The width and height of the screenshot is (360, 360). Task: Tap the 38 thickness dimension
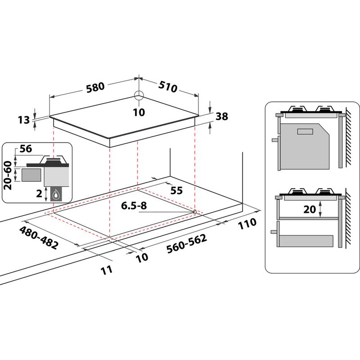tap(222, 117)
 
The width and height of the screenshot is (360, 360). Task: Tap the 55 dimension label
tap(176, 190)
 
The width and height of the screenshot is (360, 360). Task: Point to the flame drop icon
tap(57, 194)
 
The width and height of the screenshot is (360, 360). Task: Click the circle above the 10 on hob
tap(139, 95)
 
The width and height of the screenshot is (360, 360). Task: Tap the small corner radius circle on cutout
tap(194, 211)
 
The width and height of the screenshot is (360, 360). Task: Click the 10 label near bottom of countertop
tap(141, 257)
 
